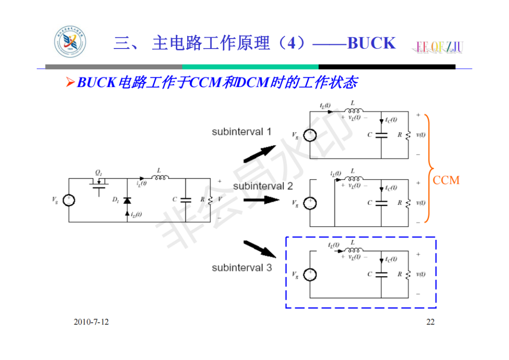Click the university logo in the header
70,43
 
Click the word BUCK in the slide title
371,43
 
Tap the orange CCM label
446,180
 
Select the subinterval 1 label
241,132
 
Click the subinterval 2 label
263,186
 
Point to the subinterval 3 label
241,268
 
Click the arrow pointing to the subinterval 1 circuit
260,153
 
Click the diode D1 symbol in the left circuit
127,200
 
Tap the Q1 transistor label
98,173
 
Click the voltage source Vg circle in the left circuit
69,200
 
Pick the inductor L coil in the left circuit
161,177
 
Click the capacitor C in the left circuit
185,199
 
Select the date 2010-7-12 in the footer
91,322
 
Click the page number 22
430,322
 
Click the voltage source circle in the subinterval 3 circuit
310,274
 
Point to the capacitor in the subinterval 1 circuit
381,135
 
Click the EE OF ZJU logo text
439,46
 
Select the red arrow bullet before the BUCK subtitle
70,83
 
